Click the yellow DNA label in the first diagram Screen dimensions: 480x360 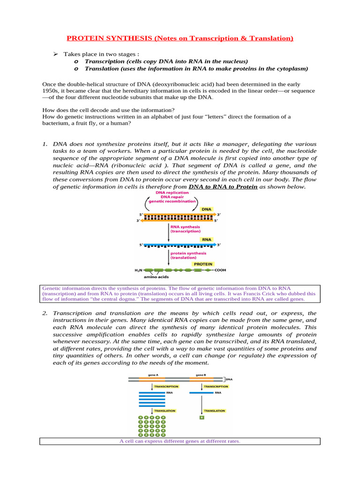(x=206, y=210)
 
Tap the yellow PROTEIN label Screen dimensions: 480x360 (x=204, y=264)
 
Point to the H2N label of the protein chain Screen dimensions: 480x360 (x=139, y=270)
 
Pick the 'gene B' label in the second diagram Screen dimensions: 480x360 (x=195, y=375)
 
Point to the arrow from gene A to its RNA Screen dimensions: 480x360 (x=152, y=387)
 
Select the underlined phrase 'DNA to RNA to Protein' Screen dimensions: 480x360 (x=223, y=187)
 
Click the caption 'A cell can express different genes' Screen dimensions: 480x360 (x=180, y=441)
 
